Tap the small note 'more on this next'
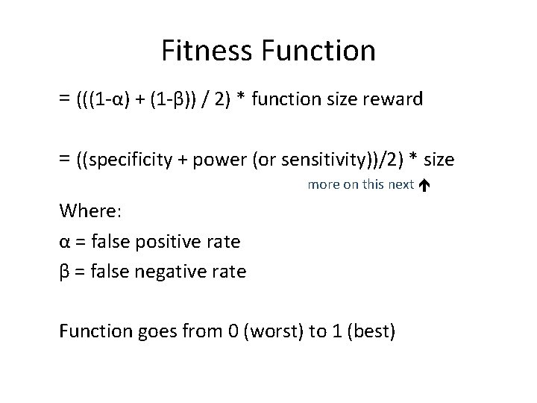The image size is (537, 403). click(360, 184)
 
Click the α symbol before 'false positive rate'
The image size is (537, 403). click(64, 241)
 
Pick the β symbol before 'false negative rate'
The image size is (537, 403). click(64, 271)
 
